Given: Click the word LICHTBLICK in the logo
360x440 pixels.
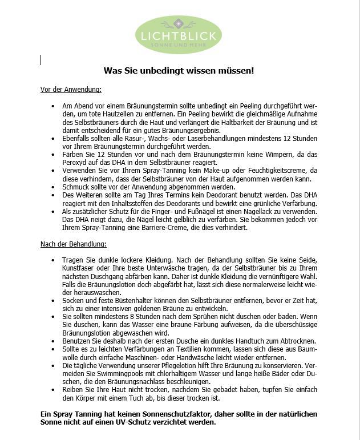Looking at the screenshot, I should point(179,36).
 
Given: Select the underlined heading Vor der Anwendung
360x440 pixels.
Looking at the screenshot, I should point(71,90).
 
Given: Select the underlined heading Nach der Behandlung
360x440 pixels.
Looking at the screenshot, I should point(73,244).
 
